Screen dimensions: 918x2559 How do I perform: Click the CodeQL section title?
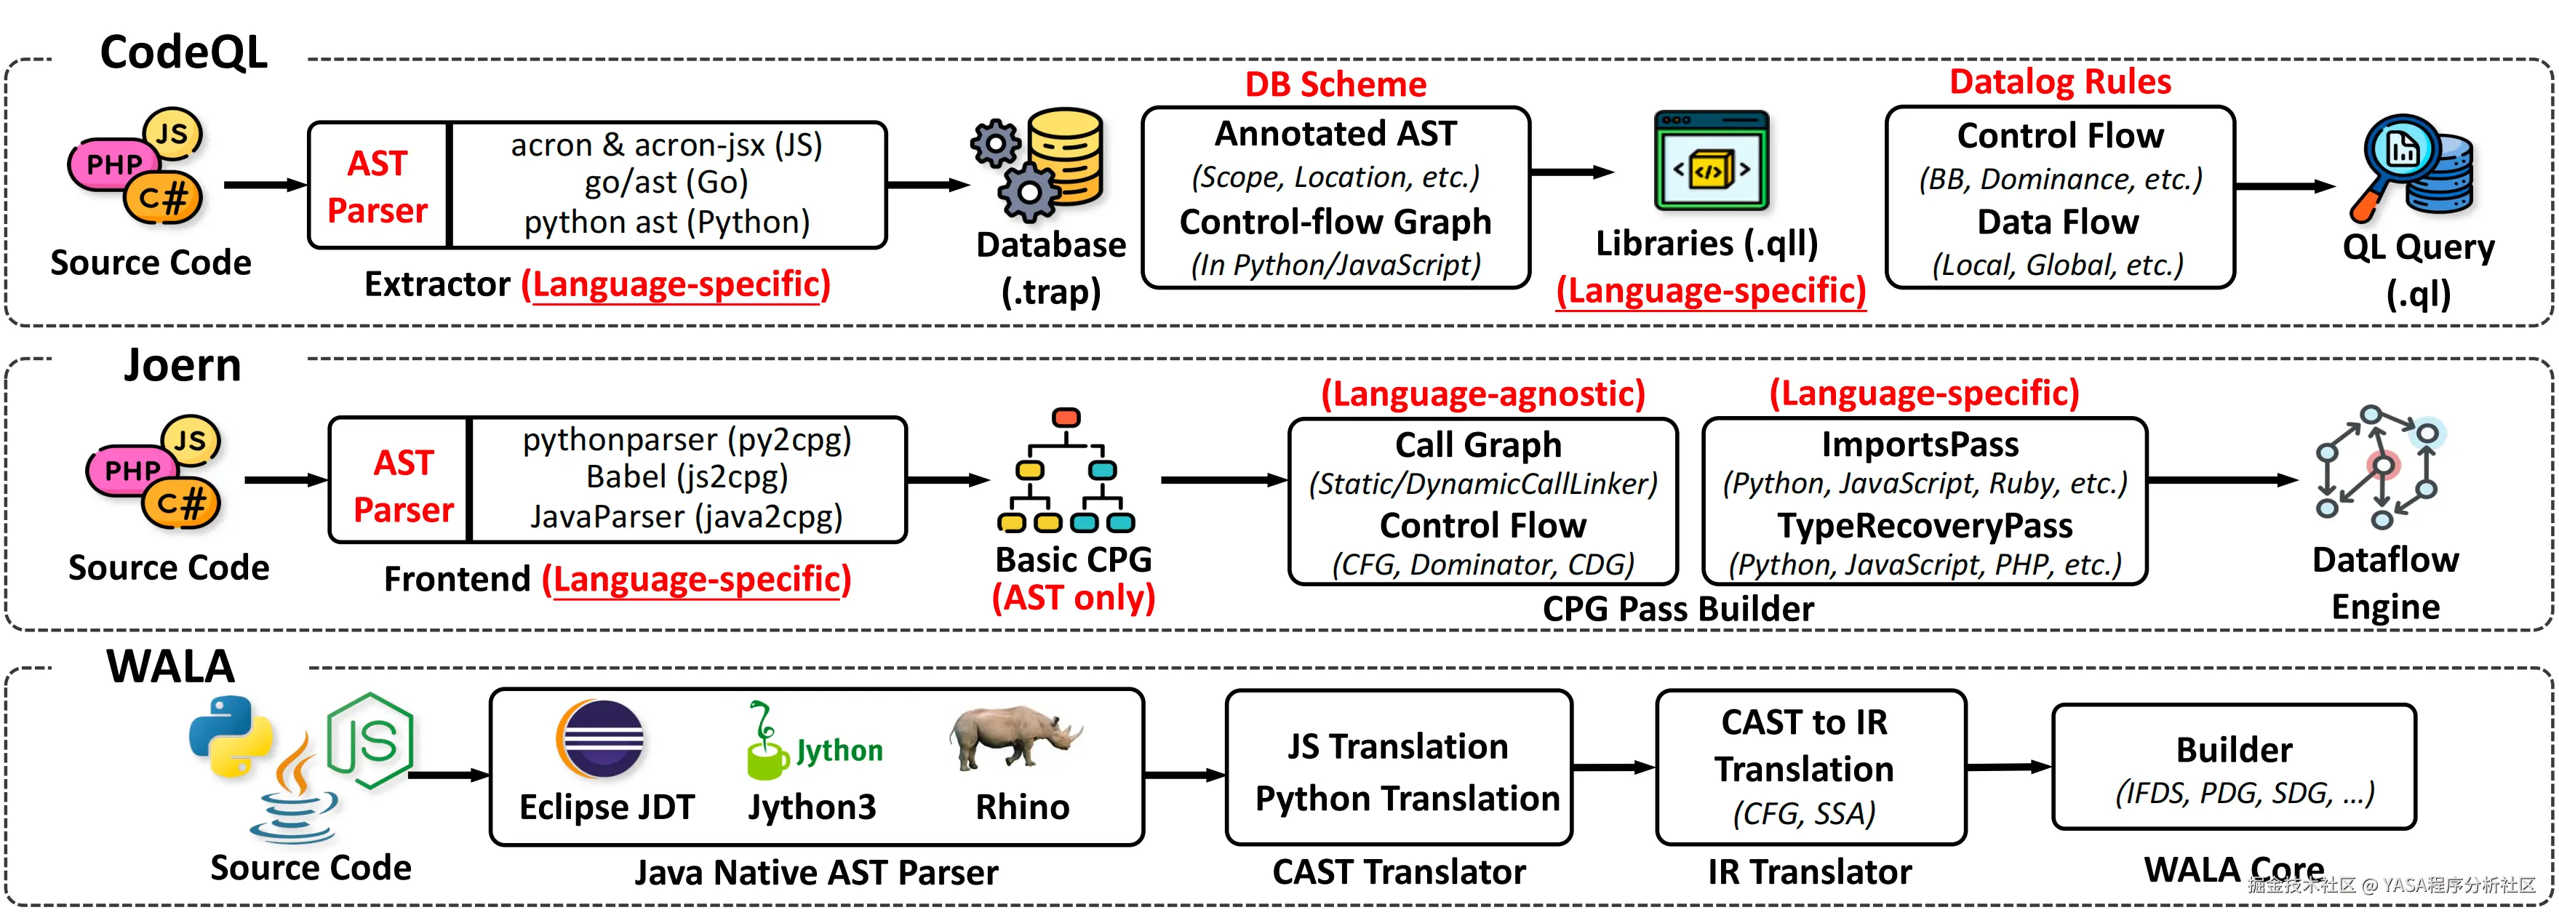pyautogui.click(x=184, y=52)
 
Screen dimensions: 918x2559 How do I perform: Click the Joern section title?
pyautogui.click(x=183, y=366)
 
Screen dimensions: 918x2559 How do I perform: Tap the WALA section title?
pyautogui.click(x=171, y=666)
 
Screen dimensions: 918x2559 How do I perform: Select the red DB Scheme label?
pyautogui.click(x=1335, y=84)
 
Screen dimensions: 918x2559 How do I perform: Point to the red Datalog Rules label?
pyautogui.click(x=2060, y=81)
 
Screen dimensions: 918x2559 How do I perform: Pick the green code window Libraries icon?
pyautogui.click(x=1711, y=160)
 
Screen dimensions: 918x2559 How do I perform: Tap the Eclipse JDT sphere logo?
pyautogui.click(x=600, y=739)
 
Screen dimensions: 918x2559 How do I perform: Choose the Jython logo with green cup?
pyautogui.click(x=813, y=743)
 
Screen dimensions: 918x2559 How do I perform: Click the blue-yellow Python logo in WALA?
pyautogui.click(x=231, y=735)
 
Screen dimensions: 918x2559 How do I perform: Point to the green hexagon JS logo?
pyautogui.click(x=370, y=741)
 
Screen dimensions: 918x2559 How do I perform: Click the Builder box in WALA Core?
pyautogui.click(x=2233, y=767)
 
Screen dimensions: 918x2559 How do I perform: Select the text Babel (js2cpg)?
pyautogui.click(x=687, y=477)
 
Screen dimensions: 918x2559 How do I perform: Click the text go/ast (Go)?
pyautogui.click(x=666, y=183)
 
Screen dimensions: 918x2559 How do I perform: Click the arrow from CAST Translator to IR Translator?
pyautogui.click(x=1613, y=767)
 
